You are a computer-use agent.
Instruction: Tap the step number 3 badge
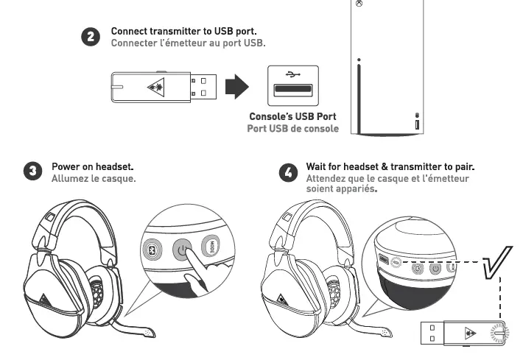coord(32,173)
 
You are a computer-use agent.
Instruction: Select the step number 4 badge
coord(289,172)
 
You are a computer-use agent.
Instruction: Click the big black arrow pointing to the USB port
coord(236,88)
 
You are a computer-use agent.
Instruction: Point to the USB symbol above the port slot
coord(292,75)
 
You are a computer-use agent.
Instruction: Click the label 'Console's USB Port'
coord(292,116)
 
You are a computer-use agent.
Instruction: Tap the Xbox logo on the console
coord(359,4)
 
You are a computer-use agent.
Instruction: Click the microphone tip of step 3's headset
coord(149,333)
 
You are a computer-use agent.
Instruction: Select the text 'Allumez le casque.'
coord(94,178)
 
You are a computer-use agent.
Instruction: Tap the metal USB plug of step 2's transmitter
coord(201,87)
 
